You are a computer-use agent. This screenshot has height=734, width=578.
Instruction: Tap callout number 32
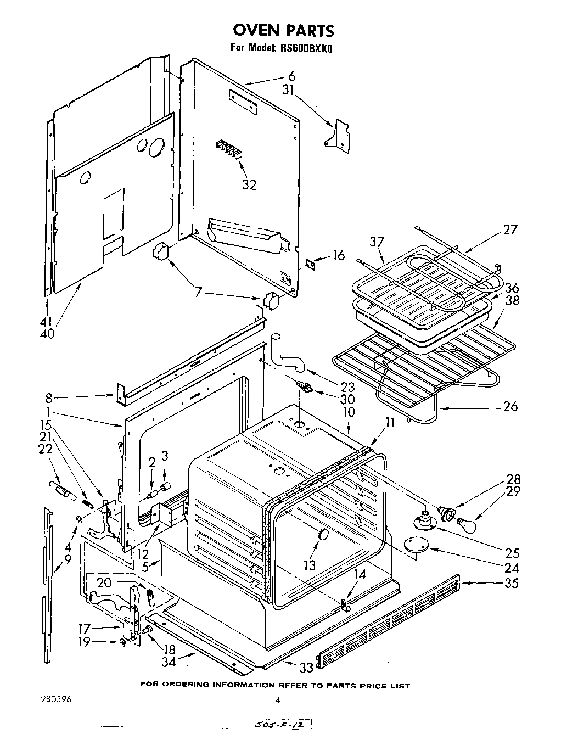pyautogui.click(x=249, y=184)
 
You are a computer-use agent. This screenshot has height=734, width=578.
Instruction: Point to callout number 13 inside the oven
pyautogui.click(x=310, y=565)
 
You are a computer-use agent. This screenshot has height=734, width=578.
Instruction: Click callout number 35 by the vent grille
pyautogui.click(x=510, y=582)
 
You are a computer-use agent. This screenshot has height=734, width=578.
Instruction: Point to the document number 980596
pyautogui.click(x=55, y=699)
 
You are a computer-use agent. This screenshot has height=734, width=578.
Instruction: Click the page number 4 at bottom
pyautogui.click(x=278, y=700)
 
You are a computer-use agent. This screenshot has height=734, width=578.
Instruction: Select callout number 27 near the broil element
pyautogui.click(x=510, y=229)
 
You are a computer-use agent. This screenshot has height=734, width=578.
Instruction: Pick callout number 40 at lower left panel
pyautogui.click(x=48, y=333)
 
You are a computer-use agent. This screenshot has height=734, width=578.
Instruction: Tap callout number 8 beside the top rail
pyautogui.click(x=49, y=397)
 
